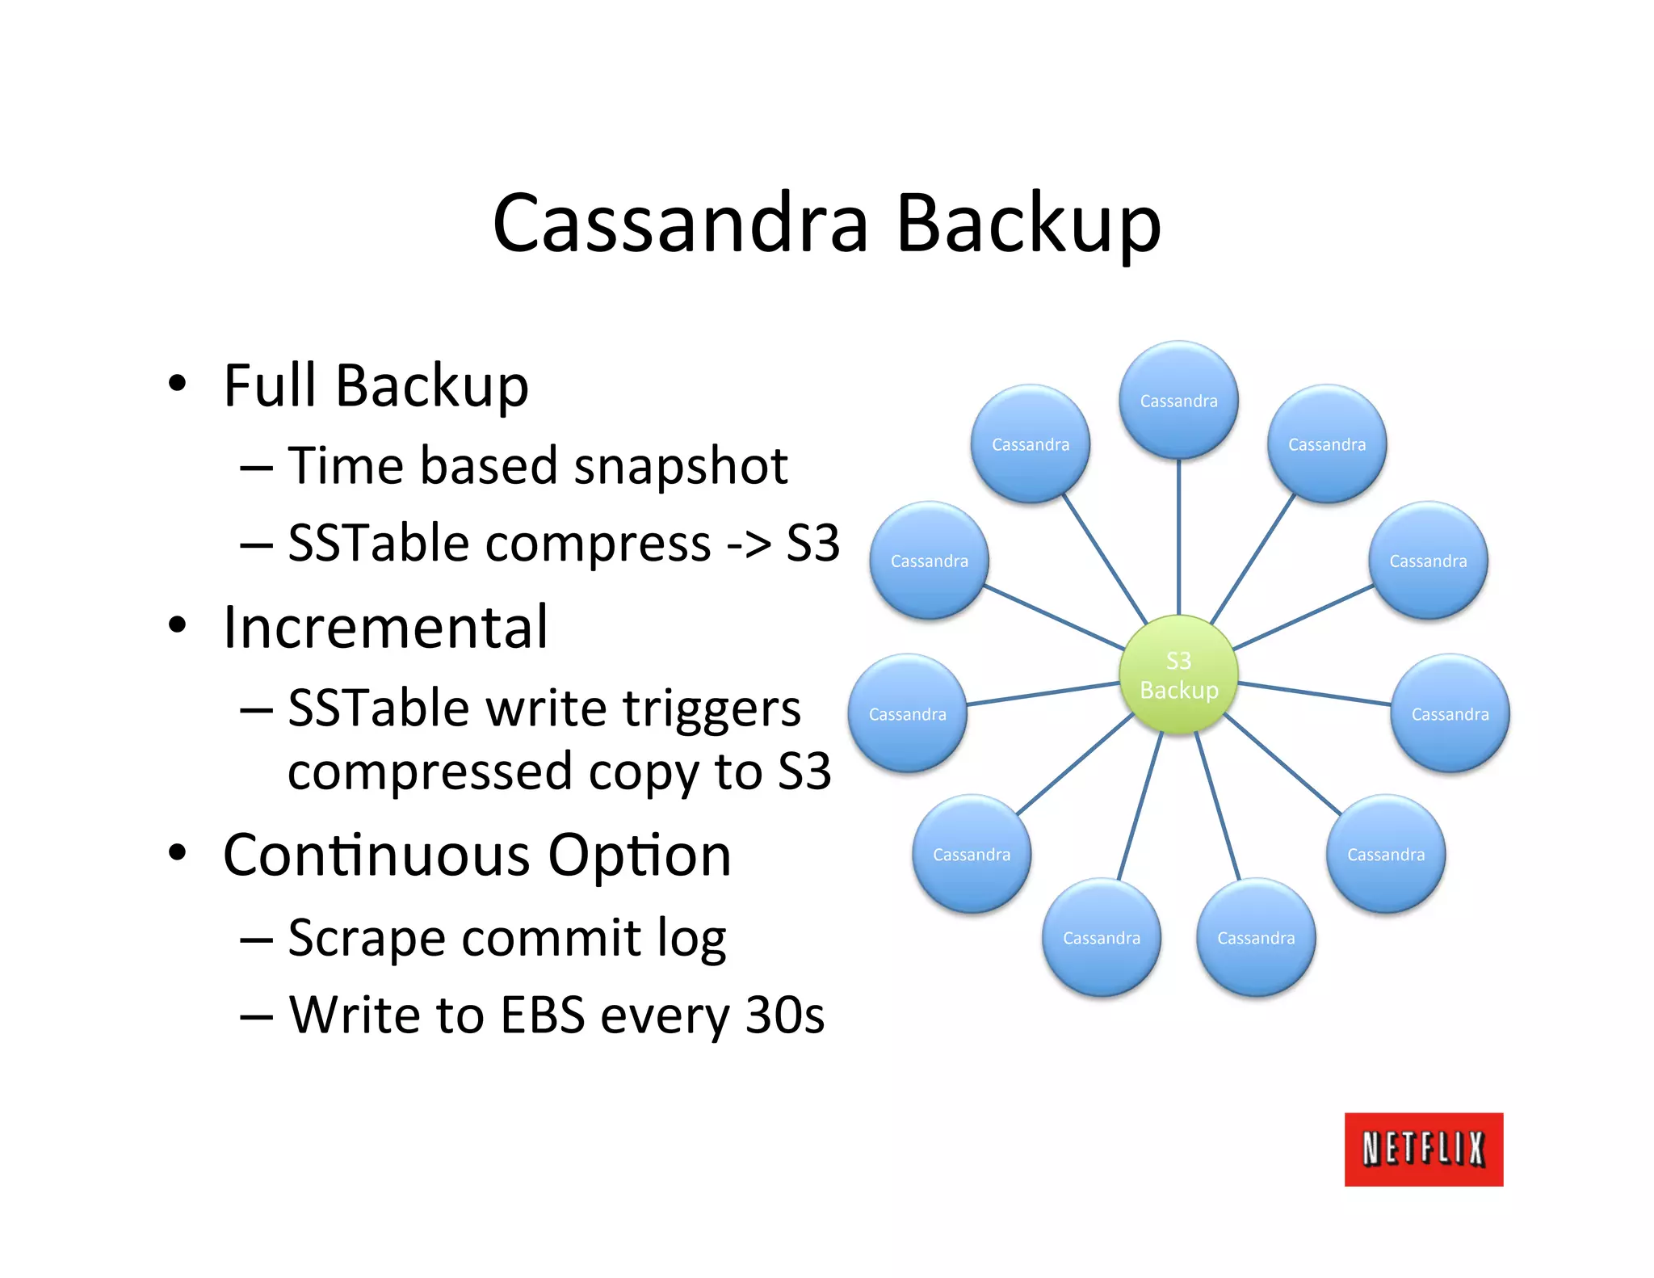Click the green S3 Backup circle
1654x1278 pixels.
click(x=1178, y=675)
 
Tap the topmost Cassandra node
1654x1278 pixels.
click(x=1178, y=401)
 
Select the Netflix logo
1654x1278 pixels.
click(x=1423, y=1149)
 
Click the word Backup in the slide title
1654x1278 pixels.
click(x=1028, y=223)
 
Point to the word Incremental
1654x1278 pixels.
click(x=386, y=627)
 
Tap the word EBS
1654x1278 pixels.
click(x=542, y=1015)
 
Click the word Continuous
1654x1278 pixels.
click(x=377, y=855)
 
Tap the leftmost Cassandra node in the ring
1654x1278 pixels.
click(x=907, y=713)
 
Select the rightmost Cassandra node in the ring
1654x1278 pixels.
click(x=1450, y=713)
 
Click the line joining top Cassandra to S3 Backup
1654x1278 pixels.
click(x=1178, y=537)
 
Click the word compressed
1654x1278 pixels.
click(x=430, y=772)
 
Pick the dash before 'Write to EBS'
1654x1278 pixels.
click(x=256, y=1016)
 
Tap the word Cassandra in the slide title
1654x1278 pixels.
click(x=681, y=223)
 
